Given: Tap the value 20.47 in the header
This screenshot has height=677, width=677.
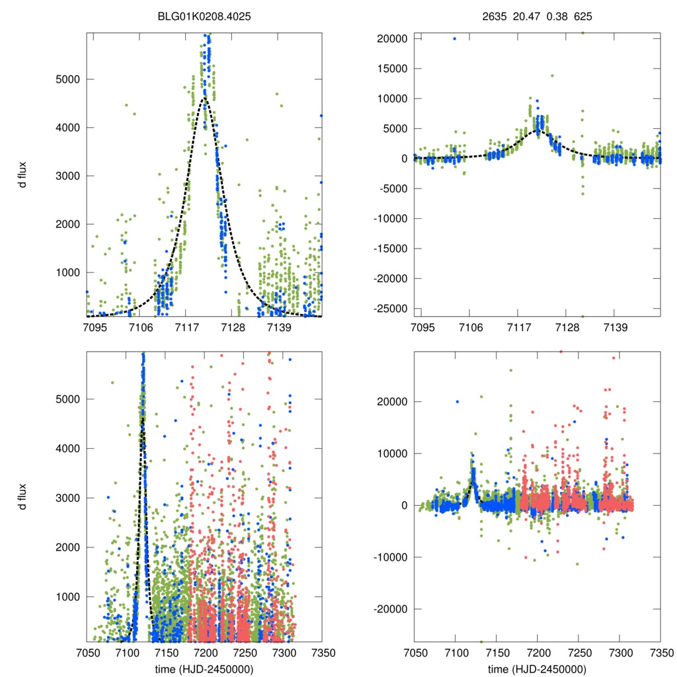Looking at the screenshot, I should click(x=526, y=15).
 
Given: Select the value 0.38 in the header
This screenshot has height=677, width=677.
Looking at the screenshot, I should click(x=557, y=15).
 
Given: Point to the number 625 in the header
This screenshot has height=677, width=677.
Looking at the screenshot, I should click(x=583, y=15).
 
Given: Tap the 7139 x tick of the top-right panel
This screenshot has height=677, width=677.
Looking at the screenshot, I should click(x=615, y=328).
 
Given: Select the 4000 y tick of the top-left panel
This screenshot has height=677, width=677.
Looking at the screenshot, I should click(x=65, y=128).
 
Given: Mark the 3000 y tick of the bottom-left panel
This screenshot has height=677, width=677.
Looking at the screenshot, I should click(x=65, y=498).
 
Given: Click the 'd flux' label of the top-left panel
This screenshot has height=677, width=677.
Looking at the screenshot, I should click(x=23, y=177).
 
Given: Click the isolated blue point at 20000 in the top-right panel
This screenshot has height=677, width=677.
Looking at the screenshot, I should click(x=454, y=38).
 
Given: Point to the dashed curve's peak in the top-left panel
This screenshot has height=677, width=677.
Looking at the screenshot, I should click(x=205, y=98).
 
